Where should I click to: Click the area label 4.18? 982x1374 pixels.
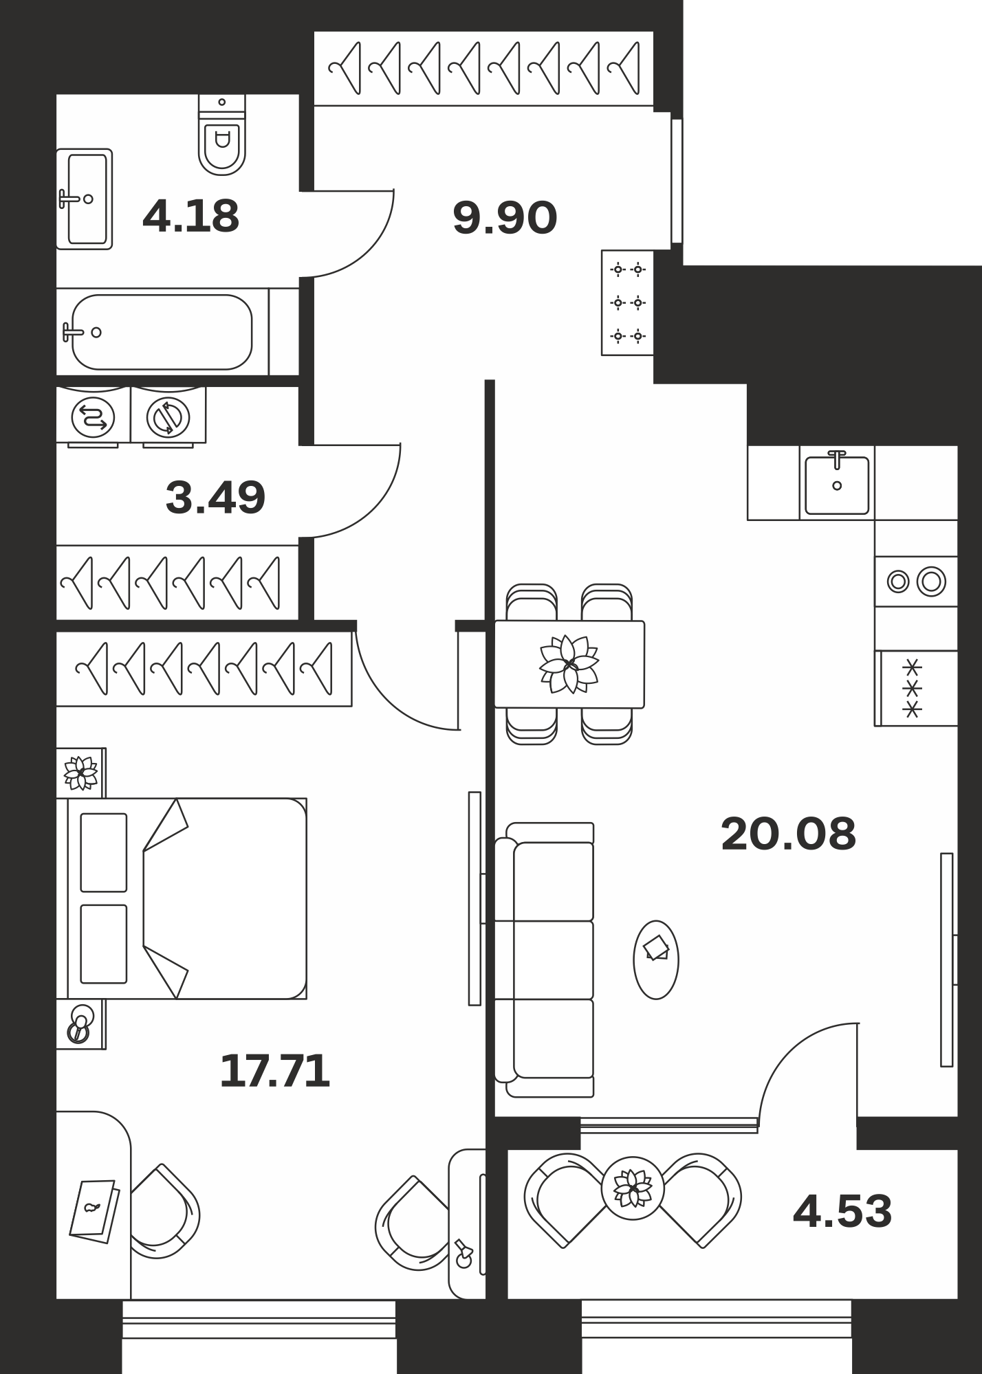[x=190, y=216]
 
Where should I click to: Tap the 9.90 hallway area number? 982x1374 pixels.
[x=505, y=219]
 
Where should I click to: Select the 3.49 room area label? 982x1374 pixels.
[x=215, y=498]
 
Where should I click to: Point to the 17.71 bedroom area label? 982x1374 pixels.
[x=274, y=1071]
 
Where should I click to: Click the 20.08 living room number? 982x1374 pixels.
[x=788, y=834]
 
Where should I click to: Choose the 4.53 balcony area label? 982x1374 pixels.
[x=842, y=1211]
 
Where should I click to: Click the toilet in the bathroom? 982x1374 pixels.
[x=222, y=135]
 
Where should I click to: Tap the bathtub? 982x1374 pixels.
[x=162, y=332]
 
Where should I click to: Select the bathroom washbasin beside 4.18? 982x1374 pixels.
[x=85, y=199]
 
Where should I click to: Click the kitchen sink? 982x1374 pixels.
[x=837, y=483]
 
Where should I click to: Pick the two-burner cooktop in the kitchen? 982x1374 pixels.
[x=916, y=581]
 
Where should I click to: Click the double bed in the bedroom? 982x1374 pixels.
[x=182, y=898]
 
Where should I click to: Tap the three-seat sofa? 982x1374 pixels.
[x=545, y=960]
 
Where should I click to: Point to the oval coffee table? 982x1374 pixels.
[x=656, y=960]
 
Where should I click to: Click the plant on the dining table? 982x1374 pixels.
[x=569, y=664]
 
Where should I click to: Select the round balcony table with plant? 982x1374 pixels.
[x=633, y=1188]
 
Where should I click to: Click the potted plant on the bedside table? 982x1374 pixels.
[x=81, y=773]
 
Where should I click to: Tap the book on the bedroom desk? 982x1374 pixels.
[x=95, y=1211]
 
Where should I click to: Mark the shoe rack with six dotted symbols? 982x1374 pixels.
[x=628, y=302]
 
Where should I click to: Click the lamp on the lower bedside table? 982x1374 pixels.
[x=80, y=1024]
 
